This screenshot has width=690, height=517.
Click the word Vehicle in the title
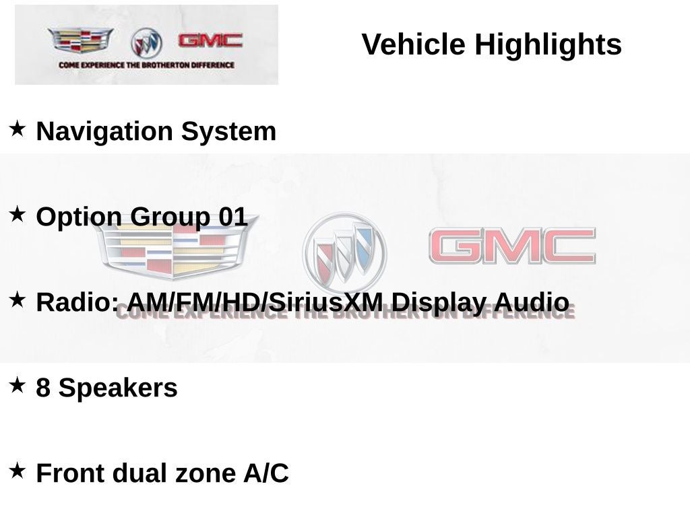[413, 44]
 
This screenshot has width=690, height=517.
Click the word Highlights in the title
[548, 44]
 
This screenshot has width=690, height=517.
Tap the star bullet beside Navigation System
[17, 129]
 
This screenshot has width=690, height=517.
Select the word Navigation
[104, 131]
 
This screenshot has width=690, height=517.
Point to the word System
[228, 131]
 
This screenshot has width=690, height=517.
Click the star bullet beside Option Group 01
[17, 215]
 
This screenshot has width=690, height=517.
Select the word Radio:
[77, 302]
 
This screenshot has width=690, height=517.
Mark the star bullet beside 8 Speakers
[17, 385]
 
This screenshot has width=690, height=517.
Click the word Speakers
[118, 388]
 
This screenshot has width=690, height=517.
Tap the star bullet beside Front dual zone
[17, 471]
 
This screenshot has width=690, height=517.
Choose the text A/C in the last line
[265, 473]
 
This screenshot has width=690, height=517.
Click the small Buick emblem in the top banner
[146, 43]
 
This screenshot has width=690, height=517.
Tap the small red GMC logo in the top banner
[210, 40]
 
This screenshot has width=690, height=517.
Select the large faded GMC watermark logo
[512, 246]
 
